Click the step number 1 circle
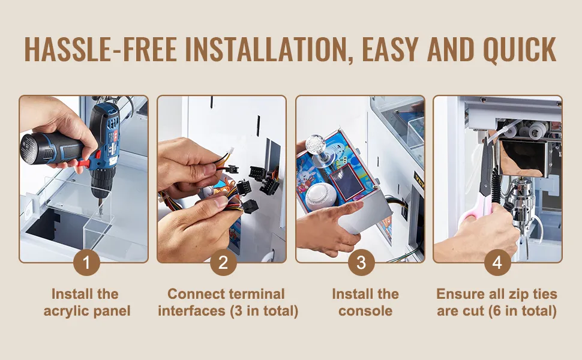click(x=86, y=263)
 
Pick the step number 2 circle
click(x=223, y=263)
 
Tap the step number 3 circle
click(x=361, y=263)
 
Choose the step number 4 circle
click(x=497, y=263)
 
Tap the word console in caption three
click(x=365, y=311)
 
